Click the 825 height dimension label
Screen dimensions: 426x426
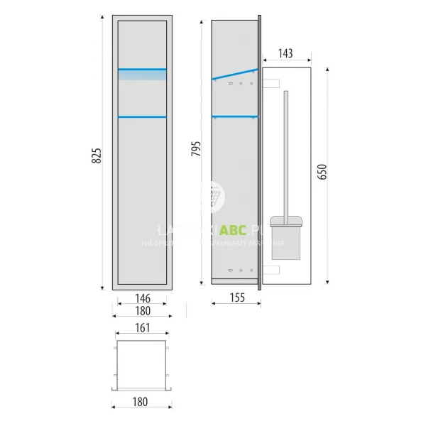point(97,155)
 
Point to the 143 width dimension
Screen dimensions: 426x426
point(287,53)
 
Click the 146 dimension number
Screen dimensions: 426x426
point(141,298)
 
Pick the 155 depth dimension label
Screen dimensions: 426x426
point(236,298)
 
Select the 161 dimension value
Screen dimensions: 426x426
point(141,329)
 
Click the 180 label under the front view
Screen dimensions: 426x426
point(141,311)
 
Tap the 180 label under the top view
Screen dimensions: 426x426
point(141,402)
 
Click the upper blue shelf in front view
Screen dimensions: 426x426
point(142,69)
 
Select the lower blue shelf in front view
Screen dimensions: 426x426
point(142,116)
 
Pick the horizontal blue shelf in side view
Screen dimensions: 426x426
point(235,116)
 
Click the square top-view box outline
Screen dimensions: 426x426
point(141,364)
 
